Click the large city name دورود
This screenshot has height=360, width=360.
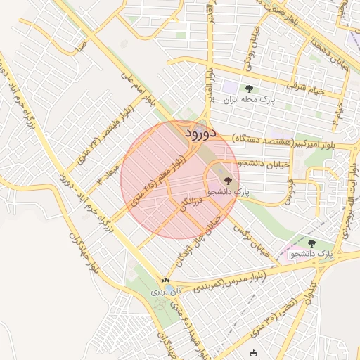click(203, 132)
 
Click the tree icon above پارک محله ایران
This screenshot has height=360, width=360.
click(249, 89)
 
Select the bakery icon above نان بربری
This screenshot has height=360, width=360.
click(166, 281)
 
